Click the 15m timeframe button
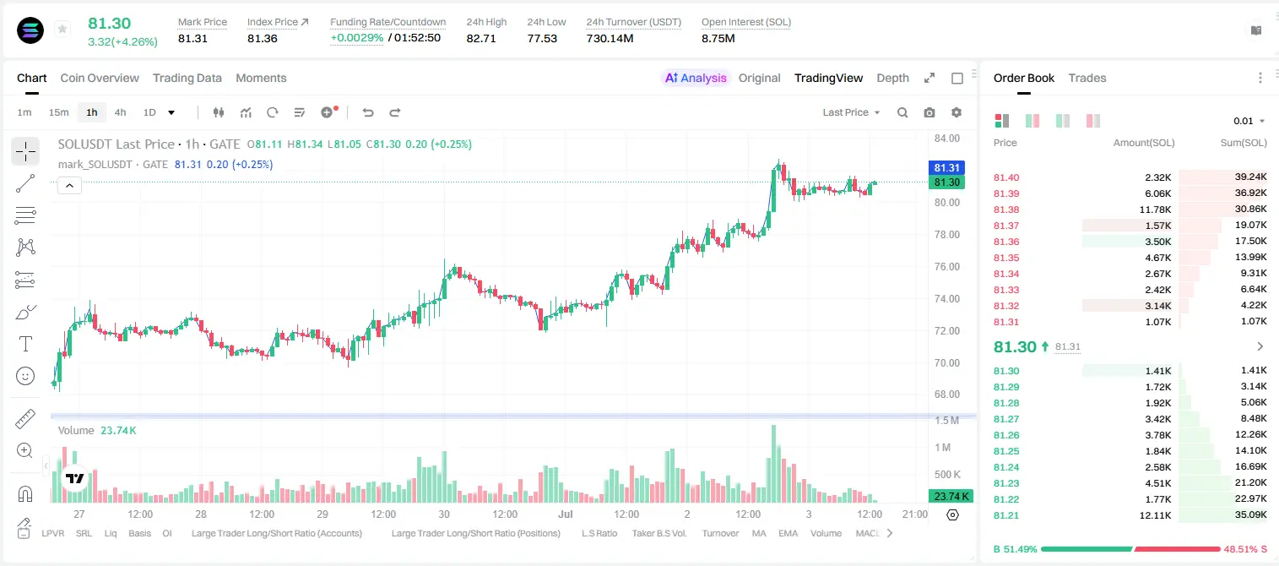pos(59,112)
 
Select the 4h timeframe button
pos(120,112)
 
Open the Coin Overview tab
pos(100,78)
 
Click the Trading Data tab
pos(187,78)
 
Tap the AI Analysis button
pos(696,78)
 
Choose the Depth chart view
pos(892,78)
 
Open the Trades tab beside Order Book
pos(1087,78)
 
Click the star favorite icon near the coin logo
pos(62,29)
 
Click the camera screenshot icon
pos(929,112)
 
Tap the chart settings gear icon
pos(957,112)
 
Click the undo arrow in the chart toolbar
pos(368,112)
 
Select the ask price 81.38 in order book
pos(1006,210)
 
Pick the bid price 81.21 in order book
pos(1006,515)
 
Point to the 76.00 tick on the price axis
pos(947,267)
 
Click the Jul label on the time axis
pos(566,514)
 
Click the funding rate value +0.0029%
pos(357,38)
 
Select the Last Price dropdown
pos(851,112)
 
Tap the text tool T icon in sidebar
pos(25,344)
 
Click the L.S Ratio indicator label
pos(599,533)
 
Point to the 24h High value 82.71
pos(480,38)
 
